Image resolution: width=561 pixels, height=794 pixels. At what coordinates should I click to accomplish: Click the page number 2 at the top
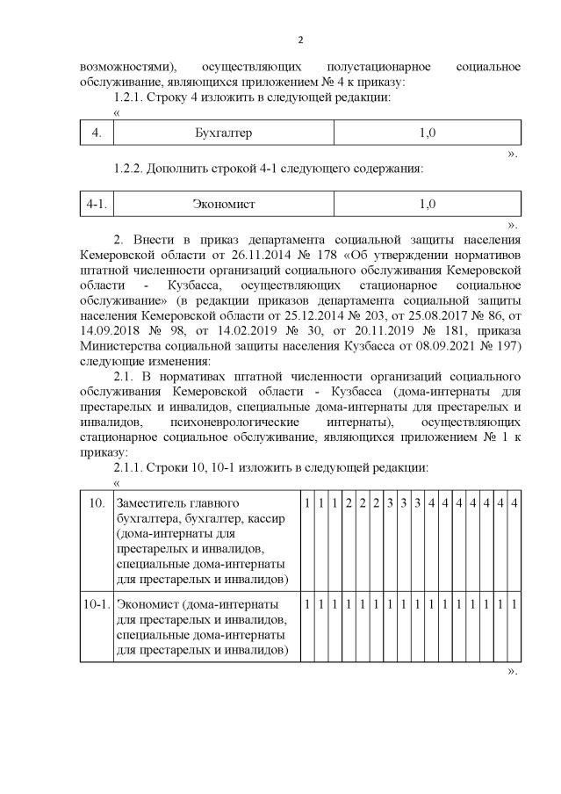299,40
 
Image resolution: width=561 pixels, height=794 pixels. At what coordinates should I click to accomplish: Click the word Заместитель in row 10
154,502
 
